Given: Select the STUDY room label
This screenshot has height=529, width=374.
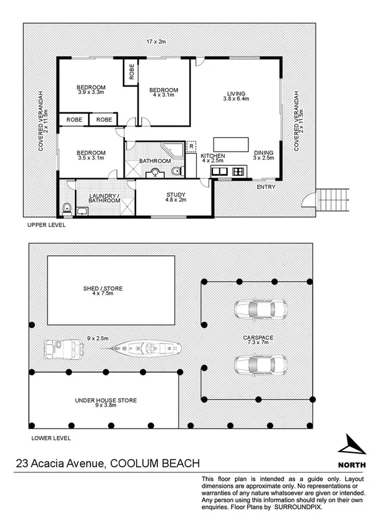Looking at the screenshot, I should pyautogui.click(x=175, y=198).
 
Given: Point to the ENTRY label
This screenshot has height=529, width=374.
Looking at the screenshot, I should pyautogui.click(x=265, y=187).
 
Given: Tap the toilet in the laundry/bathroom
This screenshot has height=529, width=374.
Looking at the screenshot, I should pyautogui.click(x=67, y=208).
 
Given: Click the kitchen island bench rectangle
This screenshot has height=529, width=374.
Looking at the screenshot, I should pyautogui.click(x=230, y=142).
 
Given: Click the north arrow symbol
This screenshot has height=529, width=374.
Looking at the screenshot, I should pyautogui.click(x=351, y=446).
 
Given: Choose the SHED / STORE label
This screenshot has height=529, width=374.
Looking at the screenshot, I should pyautogui.click(x=103, y=291).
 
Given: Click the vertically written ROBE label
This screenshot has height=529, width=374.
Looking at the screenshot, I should pyautogui.click(x=132, y=72).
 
